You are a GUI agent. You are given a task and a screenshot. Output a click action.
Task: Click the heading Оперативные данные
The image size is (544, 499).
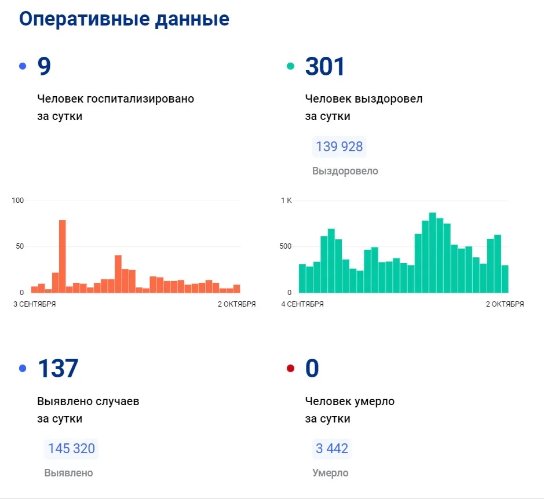(x=124, y=19)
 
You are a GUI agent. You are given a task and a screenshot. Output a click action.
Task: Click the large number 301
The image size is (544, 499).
(x=325, y=67)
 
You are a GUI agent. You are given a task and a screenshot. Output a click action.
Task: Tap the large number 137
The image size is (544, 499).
(x=57, y=369)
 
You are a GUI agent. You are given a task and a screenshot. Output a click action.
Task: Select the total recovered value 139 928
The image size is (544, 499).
(x=339, y=147)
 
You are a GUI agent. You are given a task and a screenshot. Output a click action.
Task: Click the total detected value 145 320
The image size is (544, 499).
(x=71, y=449)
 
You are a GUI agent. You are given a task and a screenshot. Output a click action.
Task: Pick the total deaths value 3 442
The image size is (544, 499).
(x=332, y=449)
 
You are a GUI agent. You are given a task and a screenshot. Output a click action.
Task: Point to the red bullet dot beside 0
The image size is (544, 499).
(x=291, y=369)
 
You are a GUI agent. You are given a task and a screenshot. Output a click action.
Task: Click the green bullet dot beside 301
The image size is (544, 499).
(x=291, y=67)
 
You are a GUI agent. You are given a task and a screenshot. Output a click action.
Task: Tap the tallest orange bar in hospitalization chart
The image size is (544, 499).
(x=62, y=256)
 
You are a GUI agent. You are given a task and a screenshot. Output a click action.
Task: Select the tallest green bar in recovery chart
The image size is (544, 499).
(x=432, y=253)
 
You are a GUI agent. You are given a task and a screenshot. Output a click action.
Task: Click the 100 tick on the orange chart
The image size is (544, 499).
(x=18, y=201)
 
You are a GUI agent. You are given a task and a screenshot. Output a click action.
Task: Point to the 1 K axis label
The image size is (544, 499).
(x=287, y=201)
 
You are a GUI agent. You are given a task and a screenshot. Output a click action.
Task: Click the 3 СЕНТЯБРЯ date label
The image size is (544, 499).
(x=35, y=304)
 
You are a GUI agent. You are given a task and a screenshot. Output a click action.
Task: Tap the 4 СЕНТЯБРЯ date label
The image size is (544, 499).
(x=302, y=304)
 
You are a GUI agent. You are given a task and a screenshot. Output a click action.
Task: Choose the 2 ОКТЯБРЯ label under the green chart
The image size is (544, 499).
(x=505, y=304)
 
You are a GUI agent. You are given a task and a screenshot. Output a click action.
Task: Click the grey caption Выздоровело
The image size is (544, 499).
(x=345, y=171)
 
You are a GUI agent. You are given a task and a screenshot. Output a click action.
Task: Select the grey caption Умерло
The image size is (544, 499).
(x=330, y=473)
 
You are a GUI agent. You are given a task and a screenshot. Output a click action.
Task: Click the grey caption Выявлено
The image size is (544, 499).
(x=68, y=473)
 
